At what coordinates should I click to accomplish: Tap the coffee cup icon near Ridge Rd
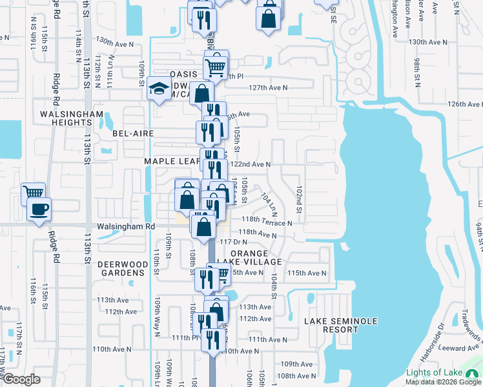[x=39, y=210]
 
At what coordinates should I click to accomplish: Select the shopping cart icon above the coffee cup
[x=33, y=192]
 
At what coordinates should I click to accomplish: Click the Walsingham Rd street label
[x=127, y=227]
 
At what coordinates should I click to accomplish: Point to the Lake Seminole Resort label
[x=331, y=324]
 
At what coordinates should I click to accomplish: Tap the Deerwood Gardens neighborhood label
[x=121, y=268]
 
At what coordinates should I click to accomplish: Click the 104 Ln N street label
[x=269, y=203]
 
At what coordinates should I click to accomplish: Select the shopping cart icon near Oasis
[x=215, y=66]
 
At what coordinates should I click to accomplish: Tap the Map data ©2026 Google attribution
[x=442, y=381]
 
